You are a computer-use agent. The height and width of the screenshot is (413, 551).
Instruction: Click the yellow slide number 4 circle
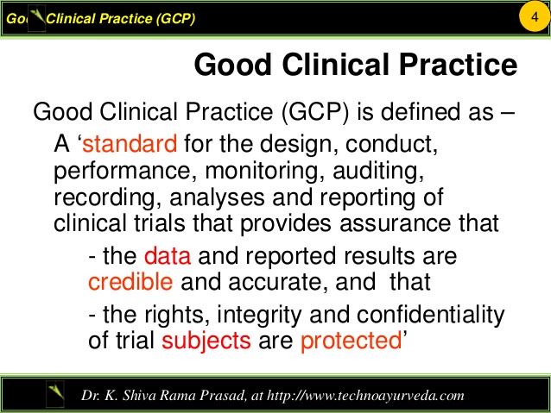pyautogui.click(x=534, y=17)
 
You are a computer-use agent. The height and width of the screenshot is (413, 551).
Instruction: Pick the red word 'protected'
pyautogui.click(x=351, y=340)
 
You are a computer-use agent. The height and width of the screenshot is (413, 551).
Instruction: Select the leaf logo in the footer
pyautogui.click(x=56, y=395)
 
